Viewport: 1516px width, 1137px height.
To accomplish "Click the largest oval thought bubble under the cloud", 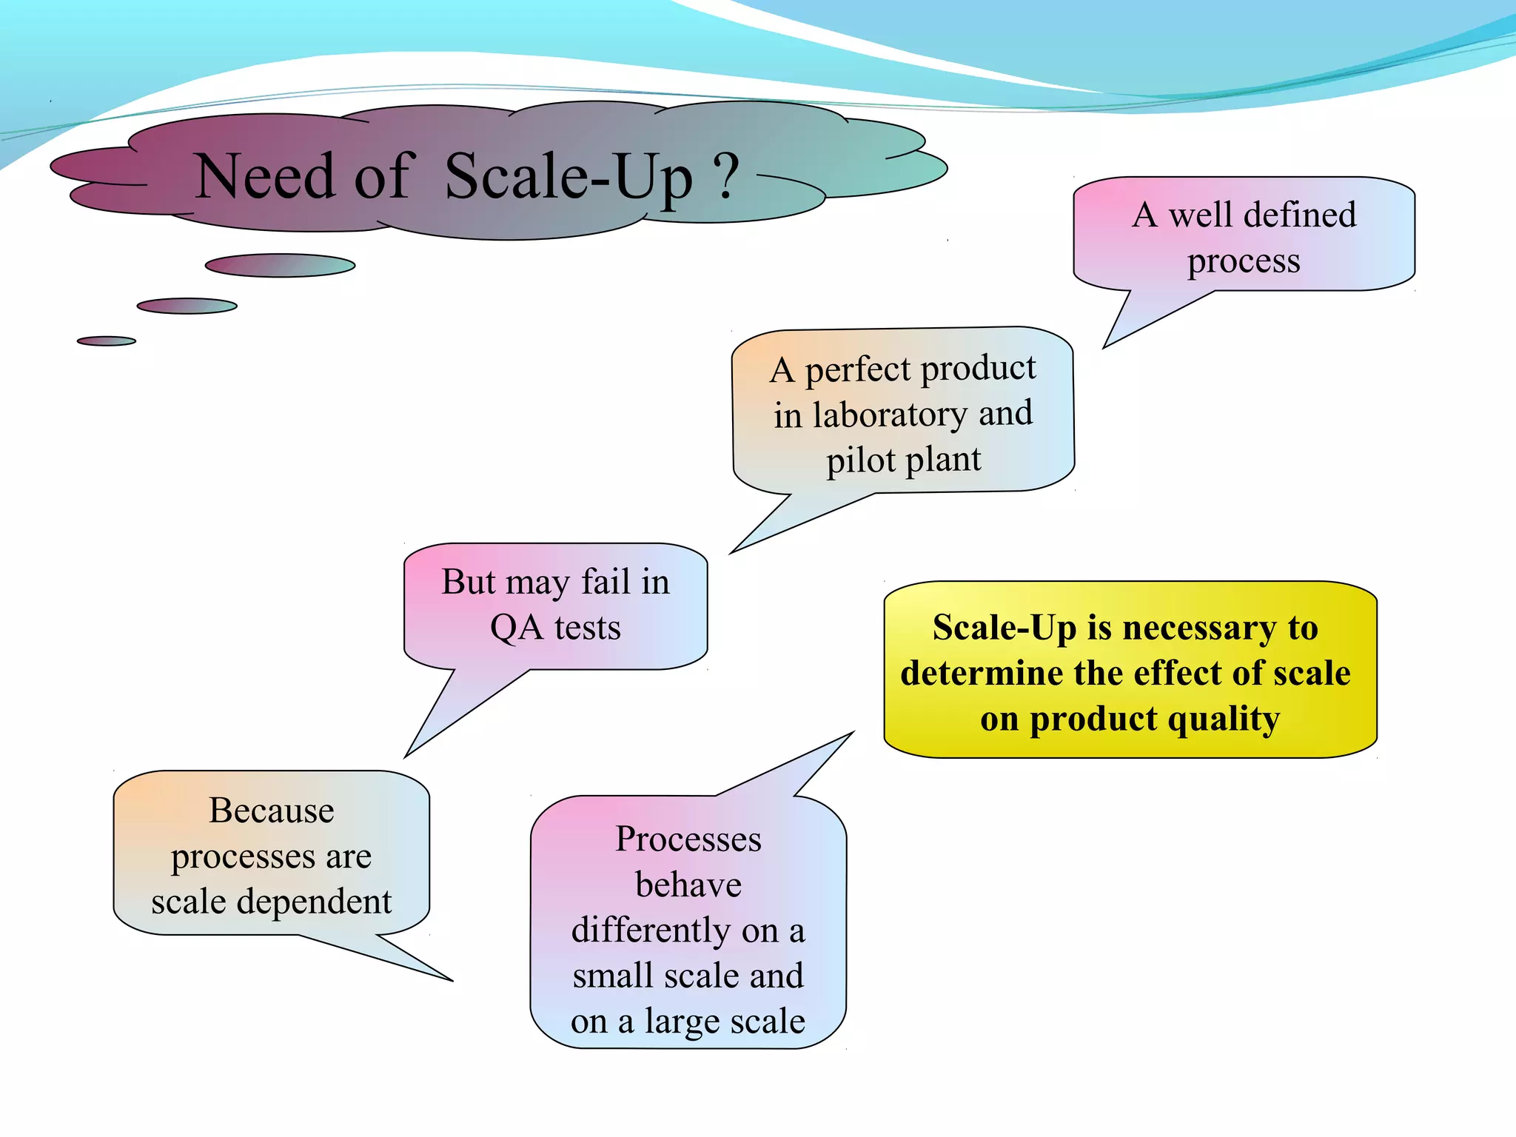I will [x=280, y=266].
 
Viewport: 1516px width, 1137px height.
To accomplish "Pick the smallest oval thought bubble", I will [x=107, y=341].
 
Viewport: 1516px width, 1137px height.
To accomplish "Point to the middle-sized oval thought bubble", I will [x=187, y=306].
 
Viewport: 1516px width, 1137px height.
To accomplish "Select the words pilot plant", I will [x=903, y=460].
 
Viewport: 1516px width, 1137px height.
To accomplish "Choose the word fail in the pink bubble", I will [x=605, y=582].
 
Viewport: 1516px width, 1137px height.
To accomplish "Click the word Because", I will [x=272, y=811].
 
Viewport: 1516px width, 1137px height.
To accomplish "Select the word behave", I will [x=688, y=885].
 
